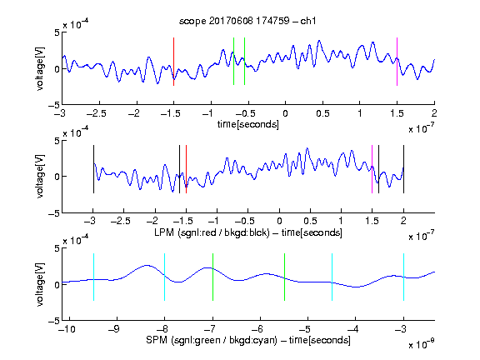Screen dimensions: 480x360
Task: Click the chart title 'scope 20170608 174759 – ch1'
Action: click(247, 21)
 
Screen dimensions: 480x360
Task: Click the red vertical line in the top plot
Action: click(174, 62)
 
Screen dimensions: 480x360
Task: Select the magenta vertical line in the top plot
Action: click(397, 62)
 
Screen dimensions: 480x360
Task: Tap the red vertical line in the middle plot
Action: click(186, 169)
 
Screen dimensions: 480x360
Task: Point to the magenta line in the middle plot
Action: click(372, 169)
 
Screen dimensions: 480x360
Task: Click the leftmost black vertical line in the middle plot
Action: click(93, 169)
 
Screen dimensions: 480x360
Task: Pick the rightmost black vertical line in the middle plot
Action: click(404, 169)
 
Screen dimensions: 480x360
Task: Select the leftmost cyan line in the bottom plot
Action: click(93, 277)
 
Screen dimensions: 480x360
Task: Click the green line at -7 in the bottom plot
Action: click(212, 277)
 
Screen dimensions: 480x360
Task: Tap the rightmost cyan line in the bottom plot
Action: click(404, 277)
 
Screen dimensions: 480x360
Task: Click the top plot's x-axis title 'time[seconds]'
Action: click(248, 124)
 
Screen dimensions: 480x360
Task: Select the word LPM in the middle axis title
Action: click(164, 232)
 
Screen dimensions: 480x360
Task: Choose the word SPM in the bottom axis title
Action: click(157, 340)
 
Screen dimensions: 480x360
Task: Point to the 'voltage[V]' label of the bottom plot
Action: click(40, 284)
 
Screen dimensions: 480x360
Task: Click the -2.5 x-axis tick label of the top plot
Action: click(97, 113)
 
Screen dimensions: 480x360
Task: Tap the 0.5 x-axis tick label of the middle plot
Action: click(310, 221)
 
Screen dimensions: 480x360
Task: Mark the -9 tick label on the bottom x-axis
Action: click(114, 329)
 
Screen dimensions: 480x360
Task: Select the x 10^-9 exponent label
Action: click(422, 344)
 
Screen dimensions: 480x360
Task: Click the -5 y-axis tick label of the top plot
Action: click(54, 105)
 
